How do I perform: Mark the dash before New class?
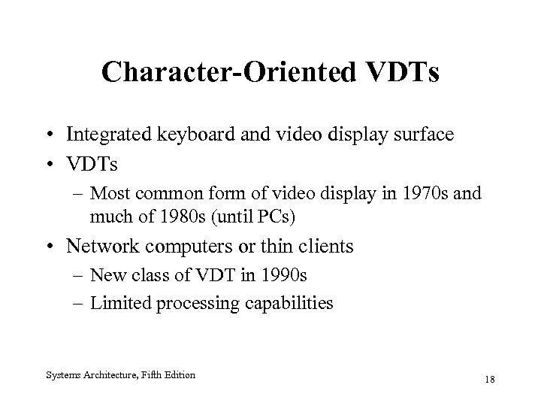(x=78, y=276)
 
